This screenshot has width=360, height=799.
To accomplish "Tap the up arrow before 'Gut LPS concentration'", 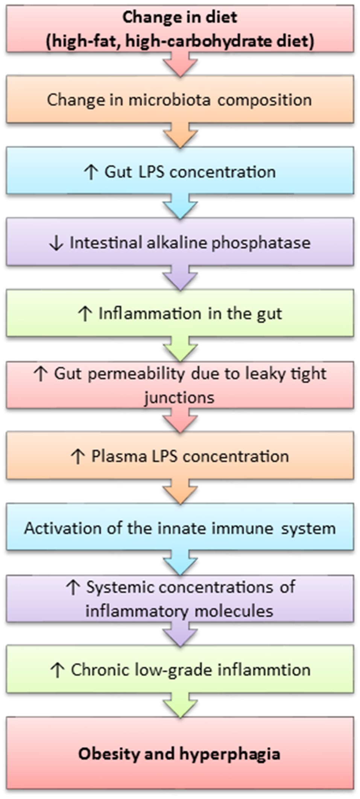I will tap(91, 172).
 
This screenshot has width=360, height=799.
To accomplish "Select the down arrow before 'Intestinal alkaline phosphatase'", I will tap(56, 243).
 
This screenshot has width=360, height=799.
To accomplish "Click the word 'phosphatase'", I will tap(261, 243).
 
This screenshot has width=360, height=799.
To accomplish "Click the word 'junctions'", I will tap(179, 398).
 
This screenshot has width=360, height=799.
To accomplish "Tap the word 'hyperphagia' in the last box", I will tap(230, 754).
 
